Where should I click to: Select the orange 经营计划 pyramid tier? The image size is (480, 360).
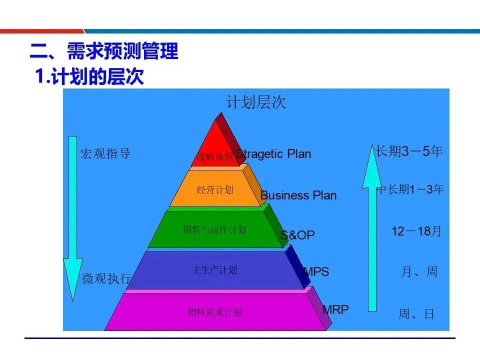click(x=215, y=189)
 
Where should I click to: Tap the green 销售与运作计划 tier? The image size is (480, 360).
click(x=215, y=229)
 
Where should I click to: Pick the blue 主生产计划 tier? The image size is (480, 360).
click(x=215, y=270)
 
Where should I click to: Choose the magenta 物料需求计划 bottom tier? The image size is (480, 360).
click(x=215, y=312)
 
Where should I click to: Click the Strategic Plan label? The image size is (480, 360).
click(x=273, y=154)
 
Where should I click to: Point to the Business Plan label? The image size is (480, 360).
click(x=298, y=195)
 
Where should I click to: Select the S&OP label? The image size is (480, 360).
click(x=298, y=235)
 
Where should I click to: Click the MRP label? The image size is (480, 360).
click(x=335, y=309)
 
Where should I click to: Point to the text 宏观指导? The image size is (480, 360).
click(x=105, y=154)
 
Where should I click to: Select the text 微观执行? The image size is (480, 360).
click(x=106, y=278)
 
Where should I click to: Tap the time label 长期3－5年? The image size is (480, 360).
click(x=409, y=151)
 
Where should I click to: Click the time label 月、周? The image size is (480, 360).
click(x=419, y=271)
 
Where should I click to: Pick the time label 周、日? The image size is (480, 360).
click(x=416, y=314)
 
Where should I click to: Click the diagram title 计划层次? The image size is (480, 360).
click(x=256, y=102)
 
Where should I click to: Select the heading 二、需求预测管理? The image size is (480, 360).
click(x=104, y=51)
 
